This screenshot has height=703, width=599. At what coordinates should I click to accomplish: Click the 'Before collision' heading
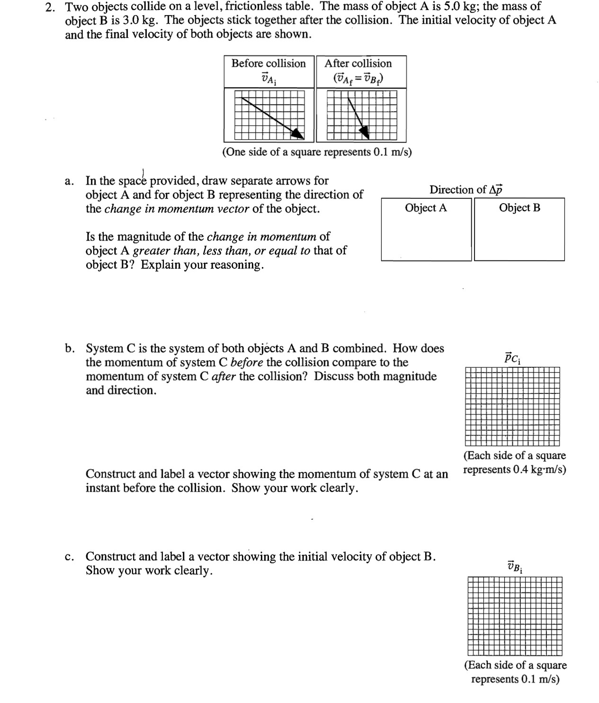[x=268, y=63]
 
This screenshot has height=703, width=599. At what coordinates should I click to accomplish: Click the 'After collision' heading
[x=358, y=63]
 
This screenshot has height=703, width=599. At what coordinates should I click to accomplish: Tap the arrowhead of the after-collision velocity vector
[x=364, y=132]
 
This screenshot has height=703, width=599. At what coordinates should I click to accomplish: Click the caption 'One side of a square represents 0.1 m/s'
[x=317, y=152]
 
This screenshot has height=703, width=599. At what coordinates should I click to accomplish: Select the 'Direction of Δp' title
[x=466, y=189]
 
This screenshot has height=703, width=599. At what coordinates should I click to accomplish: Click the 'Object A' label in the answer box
[x=426, y=208]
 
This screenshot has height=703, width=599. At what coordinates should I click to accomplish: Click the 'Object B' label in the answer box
[x=519, y=208]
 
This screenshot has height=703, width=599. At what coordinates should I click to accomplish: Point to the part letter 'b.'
[x=70, y=349]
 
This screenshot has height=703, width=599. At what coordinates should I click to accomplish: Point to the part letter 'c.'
[x=70, y=557]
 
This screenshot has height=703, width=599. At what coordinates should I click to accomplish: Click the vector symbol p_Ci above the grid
[x=512, y=357]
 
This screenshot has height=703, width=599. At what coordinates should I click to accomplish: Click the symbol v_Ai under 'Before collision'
[x=268, y=78]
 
